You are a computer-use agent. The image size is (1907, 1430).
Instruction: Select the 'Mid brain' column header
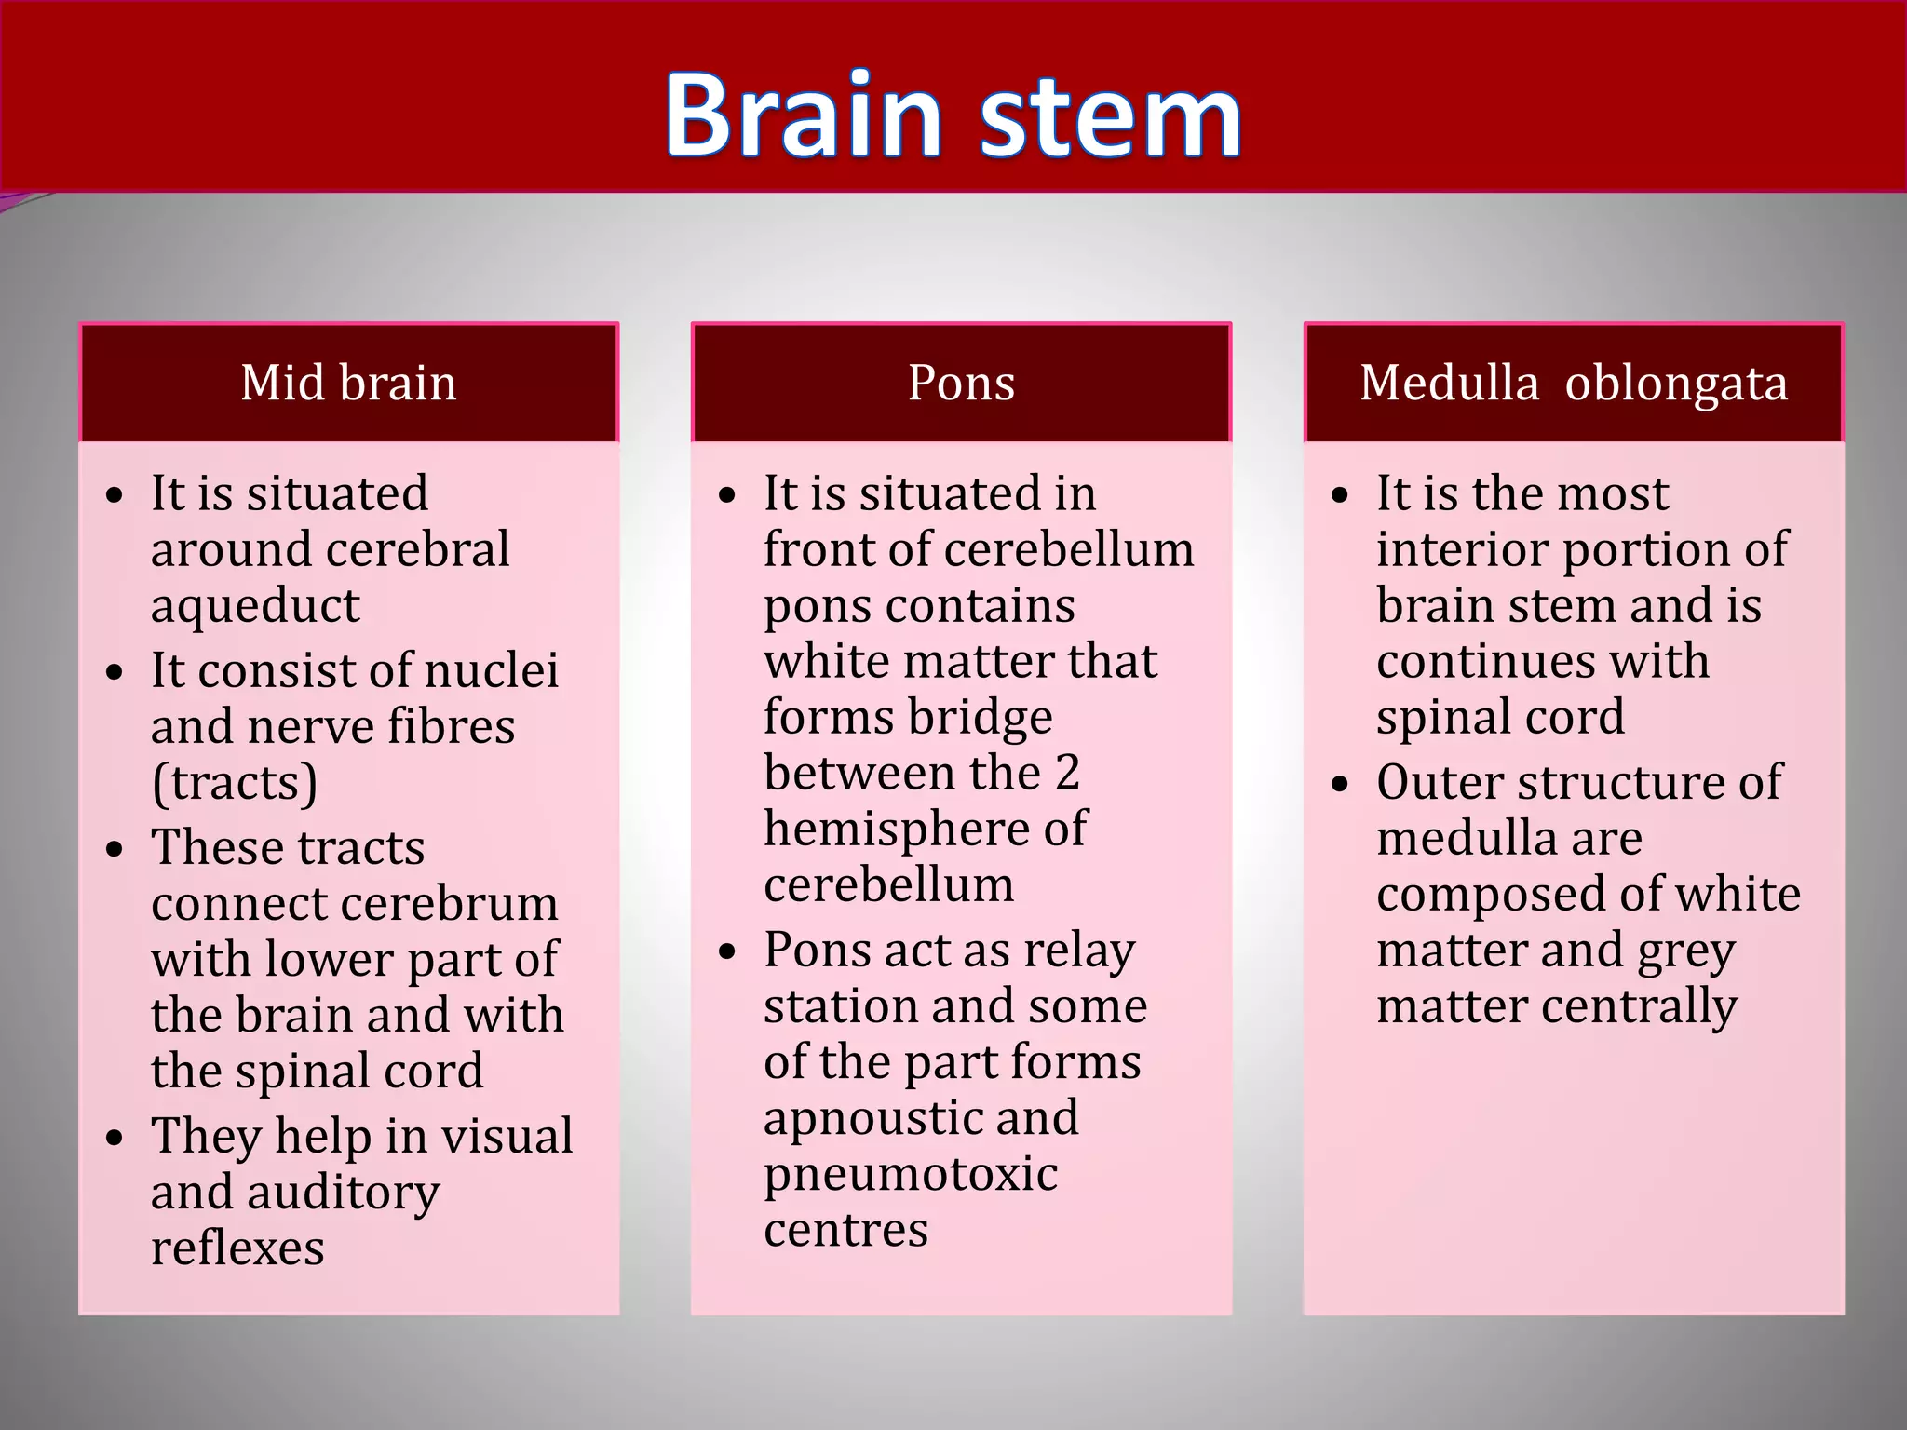click(x=348, y=383)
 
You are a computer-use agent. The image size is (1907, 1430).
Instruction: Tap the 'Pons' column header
click(x=961, y=383)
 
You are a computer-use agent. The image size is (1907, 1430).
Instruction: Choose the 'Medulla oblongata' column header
click(x=1574, y=383)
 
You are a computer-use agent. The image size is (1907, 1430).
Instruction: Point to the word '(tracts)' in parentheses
click(x=235, y=782)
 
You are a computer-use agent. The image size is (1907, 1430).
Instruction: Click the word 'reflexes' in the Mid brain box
click(x=237, y=1248)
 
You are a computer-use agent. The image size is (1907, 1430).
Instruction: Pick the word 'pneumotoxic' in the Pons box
click(x=911, y=1175)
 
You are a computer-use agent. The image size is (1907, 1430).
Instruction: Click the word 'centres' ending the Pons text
click(x=845, y=1230)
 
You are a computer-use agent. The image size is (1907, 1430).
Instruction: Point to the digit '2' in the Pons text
click(x=1067, y=773)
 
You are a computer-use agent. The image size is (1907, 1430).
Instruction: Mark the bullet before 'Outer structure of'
click(x=1340, y=785)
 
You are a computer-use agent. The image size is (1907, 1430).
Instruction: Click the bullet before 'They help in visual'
click(x=115, y=1138)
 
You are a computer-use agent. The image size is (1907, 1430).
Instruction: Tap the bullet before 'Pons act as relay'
click(x=727, y=951)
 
